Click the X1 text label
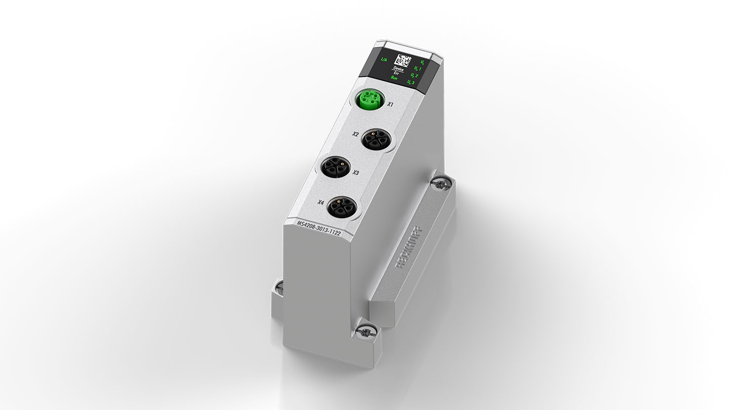(x=390, y=105)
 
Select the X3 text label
(x=355, y=173)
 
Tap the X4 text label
(x=320, y=203)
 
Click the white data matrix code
(x=407, y=60)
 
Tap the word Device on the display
(x=398, y=68)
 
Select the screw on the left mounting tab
(x=279, y=289)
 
